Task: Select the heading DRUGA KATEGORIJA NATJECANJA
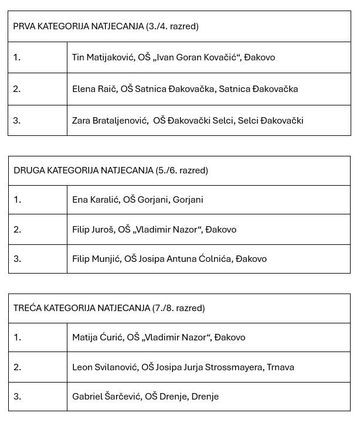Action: tap(84, 170)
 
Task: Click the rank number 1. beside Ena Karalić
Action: tap(18, 200)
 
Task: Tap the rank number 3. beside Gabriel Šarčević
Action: tap(18, 397)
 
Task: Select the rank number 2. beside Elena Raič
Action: tap(18, 89)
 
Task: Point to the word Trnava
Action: tap(280, 367)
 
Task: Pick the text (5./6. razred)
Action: tap(182, 170)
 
